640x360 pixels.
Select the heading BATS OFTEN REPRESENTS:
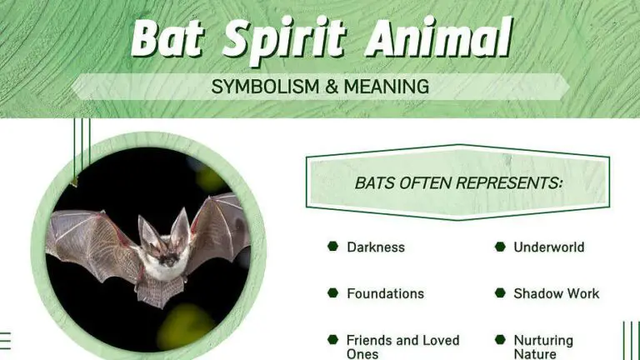pyautogui.click(x=458, y=182)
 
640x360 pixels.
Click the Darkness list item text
pyautogui.click(x=376, y=247)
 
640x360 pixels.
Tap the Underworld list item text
pyautogui.click(x=548, y=247)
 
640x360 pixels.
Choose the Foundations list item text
pyautogui.click(x=385, y=293)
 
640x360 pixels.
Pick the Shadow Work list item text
pyautogui.click(x=556, y=293)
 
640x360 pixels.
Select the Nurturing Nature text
pyautogui.click(x=543, y=347)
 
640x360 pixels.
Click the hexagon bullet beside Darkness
pyautogui.click(x=332, y=247)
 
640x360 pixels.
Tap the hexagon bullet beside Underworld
pyautogui.click(x=500, y=247)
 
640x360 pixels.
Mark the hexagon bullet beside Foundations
pyautogui.click(x=332, y=293)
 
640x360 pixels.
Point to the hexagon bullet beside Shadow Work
pyautogui.click(x=500, y=293)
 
